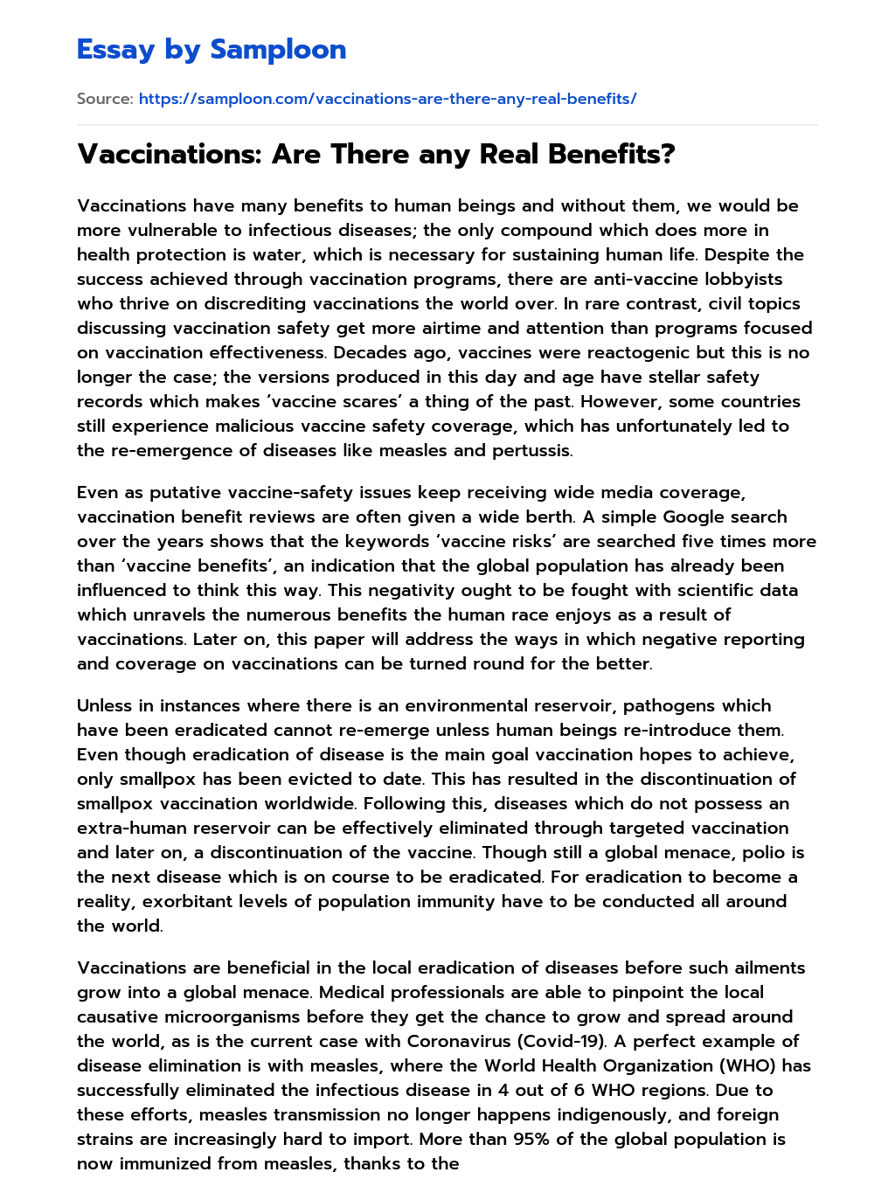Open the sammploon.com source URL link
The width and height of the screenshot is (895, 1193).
(387, 99)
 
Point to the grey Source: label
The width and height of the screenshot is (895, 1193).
(105, 99)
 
